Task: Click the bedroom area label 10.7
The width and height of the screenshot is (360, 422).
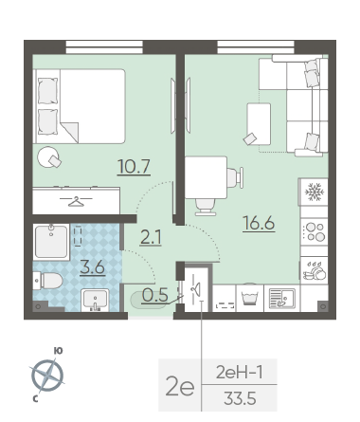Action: coord(134,166)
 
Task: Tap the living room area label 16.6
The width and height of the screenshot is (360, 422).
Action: coord(259,224)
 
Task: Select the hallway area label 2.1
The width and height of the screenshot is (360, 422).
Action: coord(151,237)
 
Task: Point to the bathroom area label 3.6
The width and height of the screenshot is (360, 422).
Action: coord(92,267)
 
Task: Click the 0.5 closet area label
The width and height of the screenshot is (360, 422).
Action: coord(154,295)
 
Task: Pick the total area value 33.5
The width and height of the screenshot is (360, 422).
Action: coord(240,398)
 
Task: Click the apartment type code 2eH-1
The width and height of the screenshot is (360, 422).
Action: coord(239,373)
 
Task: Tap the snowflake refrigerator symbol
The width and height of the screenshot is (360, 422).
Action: coord(315,193)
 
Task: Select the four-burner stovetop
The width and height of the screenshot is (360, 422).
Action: coord(315,232)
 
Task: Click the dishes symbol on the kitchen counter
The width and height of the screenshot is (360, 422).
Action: coord(315,270)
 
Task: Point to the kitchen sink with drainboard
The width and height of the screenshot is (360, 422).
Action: coord(282,298)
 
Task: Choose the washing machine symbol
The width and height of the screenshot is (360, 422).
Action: coord(250,299)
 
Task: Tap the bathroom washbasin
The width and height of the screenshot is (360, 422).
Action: coord(95,300)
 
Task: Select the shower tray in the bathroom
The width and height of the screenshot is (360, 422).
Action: coord(51,242)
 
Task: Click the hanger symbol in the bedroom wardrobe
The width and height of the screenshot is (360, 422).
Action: coord(76,201)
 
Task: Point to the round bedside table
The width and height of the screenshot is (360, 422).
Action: coord(48,156)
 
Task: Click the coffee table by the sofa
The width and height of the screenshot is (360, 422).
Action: coord(259,124)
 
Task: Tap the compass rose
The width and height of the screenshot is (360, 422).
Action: coord(47,376)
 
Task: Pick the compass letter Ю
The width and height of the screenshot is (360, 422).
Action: coord(58,351)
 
